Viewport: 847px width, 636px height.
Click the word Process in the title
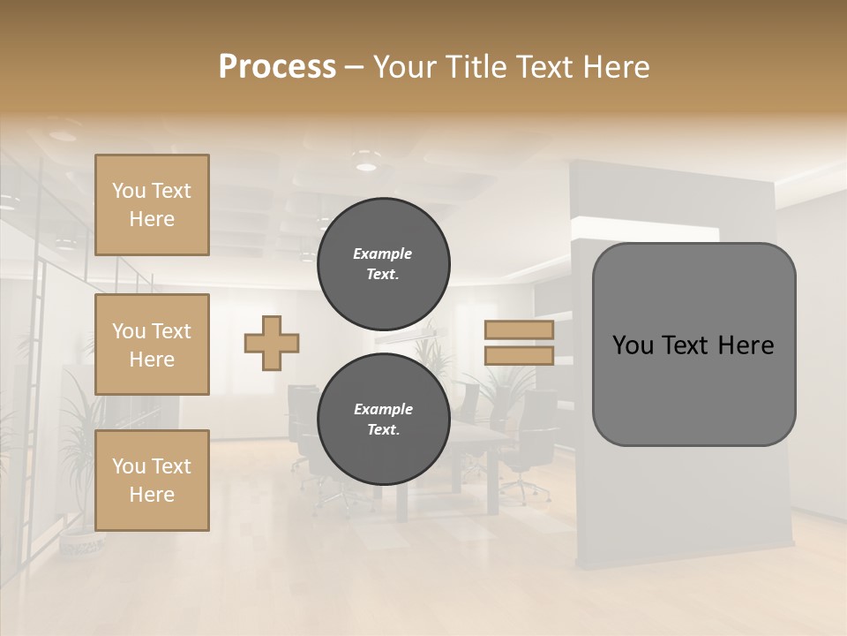pos(277,66)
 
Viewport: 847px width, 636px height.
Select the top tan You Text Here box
pos(152,205)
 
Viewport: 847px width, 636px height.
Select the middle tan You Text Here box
pos(152,344)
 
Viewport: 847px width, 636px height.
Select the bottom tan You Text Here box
pos(152,481)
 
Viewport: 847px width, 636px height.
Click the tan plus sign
pos(272,343)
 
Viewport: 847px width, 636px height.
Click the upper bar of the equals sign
pos(519,330)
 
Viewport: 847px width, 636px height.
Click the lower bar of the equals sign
pos(519,355)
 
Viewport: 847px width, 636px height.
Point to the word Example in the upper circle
pos(382,254)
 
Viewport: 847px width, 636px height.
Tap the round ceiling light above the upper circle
pos(365,165)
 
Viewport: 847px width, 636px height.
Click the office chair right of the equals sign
pos(535,433)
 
